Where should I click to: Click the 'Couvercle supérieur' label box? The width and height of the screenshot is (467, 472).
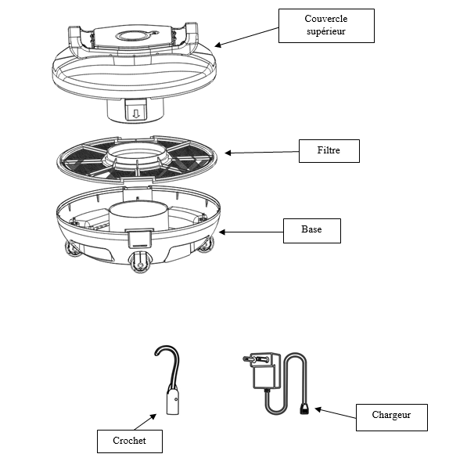click(326, 26)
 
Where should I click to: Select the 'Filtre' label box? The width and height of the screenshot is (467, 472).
click(329, 151)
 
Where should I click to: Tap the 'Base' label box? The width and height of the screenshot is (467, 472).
click(312, 231)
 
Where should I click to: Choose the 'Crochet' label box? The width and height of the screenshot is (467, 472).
click(129, 441)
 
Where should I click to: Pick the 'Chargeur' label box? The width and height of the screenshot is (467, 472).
click(391, 417)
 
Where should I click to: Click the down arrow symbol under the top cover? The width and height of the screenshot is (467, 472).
click(136, 113)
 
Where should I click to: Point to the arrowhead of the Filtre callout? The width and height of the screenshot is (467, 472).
click(228, 153)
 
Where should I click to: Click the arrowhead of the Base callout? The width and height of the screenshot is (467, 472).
click(222, 232)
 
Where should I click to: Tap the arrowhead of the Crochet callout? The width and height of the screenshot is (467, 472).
click(153, 416)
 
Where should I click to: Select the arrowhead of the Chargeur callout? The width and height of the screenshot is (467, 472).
click(318, 409)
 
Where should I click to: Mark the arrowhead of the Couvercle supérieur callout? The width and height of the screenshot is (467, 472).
click(217, 45)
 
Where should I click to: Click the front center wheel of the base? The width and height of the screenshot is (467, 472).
click(138, 261)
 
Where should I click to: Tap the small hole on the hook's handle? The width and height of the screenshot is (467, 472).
click(176, 399)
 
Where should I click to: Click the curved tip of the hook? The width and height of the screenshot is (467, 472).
click(156, 352)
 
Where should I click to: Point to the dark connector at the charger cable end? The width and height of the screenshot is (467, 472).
click(304, 409)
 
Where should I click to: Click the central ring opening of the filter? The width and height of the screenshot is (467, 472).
click(138, 153)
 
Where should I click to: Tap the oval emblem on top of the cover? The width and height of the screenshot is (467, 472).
click(133, 36)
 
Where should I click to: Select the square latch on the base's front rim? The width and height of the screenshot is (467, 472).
click(139, 239)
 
